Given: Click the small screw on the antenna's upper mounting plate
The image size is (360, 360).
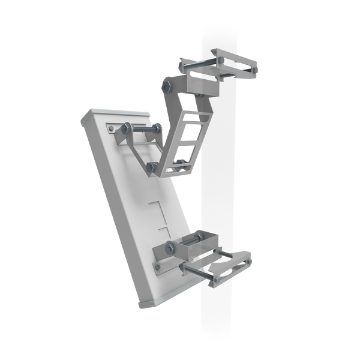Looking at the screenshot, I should pyautogui.click(x=110, y=128).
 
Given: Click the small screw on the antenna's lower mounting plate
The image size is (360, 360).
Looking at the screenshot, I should pyautogui.click(x=157, y=266).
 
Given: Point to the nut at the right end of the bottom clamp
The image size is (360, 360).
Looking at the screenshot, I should pyautogui.click(x=248, y=258).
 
